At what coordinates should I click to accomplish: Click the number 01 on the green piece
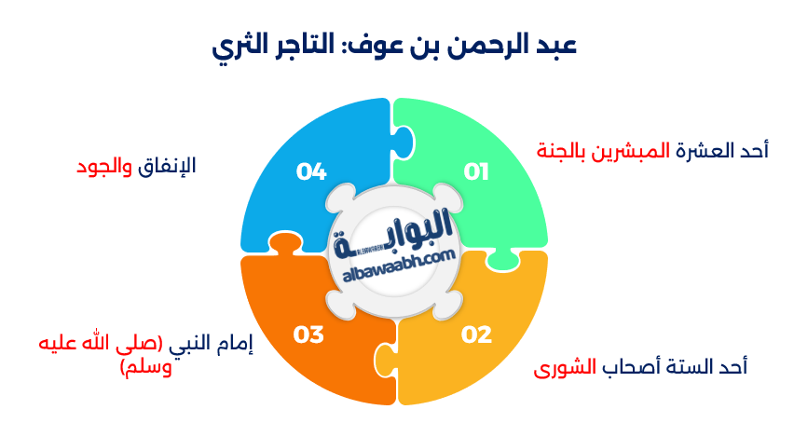pyautogui.click(x=477, y=171)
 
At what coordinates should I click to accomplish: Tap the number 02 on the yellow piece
pyautogui.click(x=477, y=334)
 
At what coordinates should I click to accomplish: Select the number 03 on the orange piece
pyautogui.click(x=308, y=334)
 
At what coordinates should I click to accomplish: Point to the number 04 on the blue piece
pyautogui.click(x=311, y=171)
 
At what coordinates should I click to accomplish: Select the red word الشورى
pyautogui.click(x=564, y=367)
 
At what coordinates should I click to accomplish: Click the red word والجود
pyautogui.click(x=106, y=167)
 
